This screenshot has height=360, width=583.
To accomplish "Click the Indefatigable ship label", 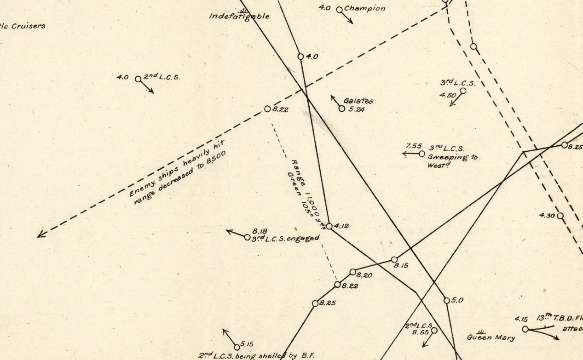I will click(x=239, y=16).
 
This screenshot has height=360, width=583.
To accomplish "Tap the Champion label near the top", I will click(x=364, y=8).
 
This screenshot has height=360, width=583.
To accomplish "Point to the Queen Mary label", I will click(x=491, y=337).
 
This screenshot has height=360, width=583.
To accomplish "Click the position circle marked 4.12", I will click(x=329, y=226).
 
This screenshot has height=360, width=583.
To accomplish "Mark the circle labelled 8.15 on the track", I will click(x=394, y=260).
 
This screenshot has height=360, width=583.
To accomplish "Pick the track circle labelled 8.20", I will click(x=353, y=272).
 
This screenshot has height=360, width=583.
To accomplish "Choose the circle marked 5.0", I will click(x=446, y=300).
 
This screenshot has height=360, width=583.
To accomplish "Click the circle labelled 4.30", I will click(x=560, y=216).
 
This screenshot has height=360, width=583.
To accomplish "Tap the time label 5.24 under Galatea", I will click(x=357, y=109).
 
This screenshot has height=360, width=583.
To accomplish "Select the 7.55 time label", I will click(x=413, y=146).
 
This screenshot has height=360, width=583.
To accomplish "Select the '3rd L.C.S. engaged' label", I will click(x=285, y=238).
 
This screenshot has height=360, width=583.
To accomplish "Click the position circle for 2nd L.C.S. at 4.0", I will click(x=138, y=79).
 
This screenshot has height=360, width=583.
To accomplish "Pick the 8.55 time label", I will click(x=420, y=332).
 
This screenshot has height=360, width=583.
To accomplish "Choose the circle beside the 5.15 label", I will click(x=237, y=347).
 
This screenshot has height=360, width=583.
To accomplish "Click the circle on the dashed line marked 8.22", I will click(x=267, y=109).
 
